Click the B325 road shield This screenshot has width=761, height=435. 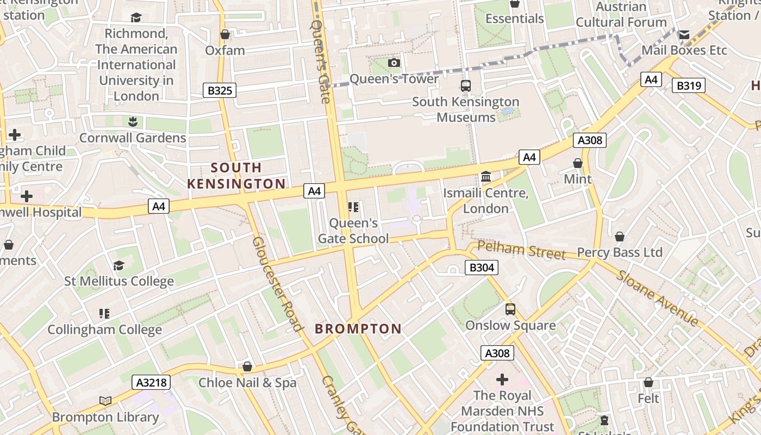[220, 90]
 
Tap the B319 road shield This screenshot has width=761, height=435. [688, 85]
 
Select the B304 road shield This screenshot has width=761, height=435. [482, 267]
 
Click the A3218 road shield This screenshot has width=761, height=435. [151, 382]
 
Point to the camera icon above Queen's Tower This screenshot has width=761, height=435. [394, 63]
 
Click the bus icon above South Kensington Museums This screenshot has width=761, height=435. [466, 85]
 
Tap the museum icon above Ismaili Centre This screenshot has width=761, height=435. [486, 177]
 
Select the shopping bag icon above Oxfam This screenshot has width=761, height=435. [225, 35]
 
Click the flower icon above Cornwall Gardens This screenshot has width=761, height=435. [132, 121]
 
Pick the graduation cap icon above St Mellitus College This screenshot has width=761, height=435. [118, 265]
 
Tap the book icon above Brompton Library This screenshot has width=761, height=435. [105, 401]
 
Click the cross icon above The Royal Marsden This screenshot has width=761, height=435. [502, 379]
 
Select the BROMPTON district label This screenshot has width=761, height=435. [358, 328]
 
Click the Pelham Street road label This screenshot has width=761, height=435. [522, 251]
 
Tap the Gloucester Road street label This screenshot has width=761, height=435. [277, 284]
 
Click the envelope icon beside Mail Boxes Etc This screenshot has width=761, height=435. [684, 35]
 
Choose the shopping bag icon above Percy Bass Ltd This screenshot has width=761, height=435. [619, 237]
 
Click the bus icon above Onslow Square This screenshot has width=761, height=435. [510, 309]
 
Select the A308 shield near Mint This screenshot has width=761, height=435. [590, 140]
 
